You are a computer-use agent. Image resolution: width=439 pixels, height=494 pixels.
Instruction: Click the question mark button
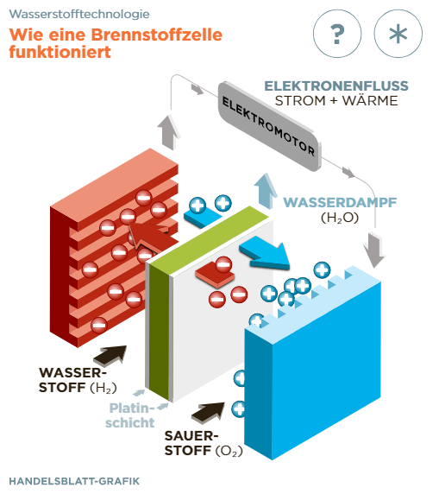coord(337,34)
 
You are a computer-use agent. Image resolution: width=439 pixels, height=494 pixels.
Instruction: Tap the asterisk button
coord(398,34)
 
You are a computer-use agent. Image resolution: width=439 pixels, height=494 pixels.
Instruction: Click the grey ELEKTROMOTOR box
coord(270,126)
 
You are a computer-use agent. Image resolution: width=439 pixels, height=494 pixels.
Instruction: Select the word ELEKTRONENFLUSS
coord(336,86)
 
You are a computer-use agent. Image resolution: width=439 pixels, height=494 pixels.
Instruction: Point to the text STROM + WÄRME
coord(336,101)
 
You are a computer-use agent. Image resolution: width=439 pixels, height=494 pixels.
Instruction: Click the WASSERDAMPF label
coord(340,203)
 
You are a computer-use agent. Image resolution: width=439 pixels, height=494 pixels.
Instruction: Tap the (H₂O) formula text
coord(340,218)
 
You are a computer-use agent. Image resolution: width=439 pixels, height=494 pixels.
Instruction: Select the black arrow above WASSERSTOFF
coord(110,355)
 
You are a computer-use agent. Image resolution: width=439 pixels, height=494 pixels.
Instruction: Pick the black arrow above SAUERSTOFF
coord(209,413)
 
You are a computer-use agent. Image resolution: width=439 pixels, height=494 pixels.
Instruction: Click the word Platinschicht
coord(130,415)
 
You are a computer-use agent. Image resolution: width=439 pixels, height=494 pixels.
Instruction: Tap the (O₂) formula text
coord(229,451)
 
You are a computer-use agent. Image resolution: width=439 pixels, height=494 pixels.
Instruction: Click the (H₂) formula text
coord(103,388)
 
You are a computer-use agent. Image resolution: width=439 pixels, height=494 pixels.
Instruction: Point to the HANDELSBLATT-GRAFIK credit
coord(74,481)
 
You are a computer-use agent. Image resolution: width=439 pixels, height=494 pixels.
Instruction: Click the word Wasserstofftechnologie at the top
coord(79,14)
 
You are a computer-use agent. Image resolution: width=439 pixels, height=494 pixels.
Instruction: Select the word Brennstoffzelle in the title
coord(157,35)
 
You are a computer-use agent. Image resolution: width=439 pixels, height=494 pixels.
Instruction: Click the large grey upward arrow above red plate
coord(169,132)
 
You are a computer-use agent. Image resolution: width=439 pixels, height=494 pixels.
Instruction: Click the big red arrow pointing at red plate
coord(151,237)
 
